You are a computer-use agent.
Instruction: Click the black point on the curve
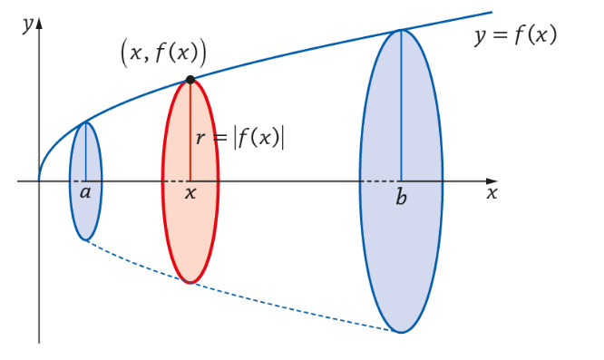pyautogui.click(x=190, y=80)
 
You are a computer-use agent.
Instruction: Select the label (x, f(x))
pyautogui.click(x=164, y=54)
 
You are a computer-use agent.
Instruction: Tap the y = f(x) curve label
pyautogui.click(x=516, y=36)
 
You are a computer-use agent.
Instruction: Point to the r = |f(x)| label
pyautogui.click(x=240, y=137)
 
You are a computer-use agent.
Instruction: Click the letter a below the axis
pyautogui.click(x=85, y=191)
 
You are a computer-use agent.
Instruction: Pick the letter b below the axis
pyautogui.click(x=401, y=197)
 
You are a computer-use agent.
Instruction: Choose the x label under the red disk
pyautogui.click(x=190, y=192)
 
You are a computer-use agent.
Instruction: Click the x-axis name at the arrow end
pyautogui.click(x=492, y=193)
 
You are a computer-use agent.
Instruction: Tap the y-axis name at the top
pyautogui.click(x=28, y=25)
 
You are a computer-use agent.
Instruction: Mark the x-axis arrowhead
pyautogui.click(x=492, y=181)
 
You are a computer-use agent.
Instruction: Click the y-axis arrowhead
pyautogui.click(x=39, y=23)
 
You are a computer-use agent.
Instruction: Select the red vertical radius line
pyautogui.click(x=190, y=131)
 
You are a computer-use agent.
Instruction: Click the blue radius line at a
pyautogui.click(x=86, y=151)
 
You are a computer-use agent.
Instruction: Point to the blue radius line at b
pyautogui.click(x=402, y=105)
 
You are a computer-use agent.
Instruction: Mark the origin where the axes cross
pyautogui.click(x=39, y=181)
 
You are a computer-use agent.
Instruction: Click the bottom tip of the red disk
pyautogui.click(x=190, y=284)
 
